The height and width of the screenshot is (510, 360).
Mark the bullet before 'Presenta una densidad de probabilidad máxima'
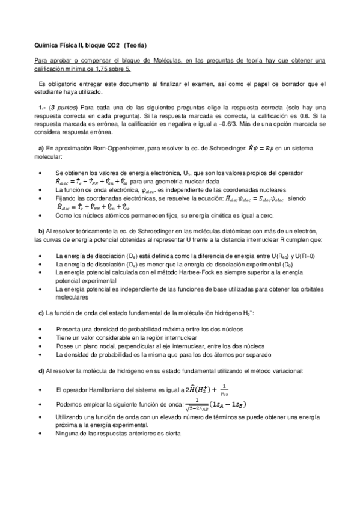(39, 330)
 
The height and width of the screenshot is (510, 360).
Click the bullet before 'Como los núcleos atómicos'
(39, 215)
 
